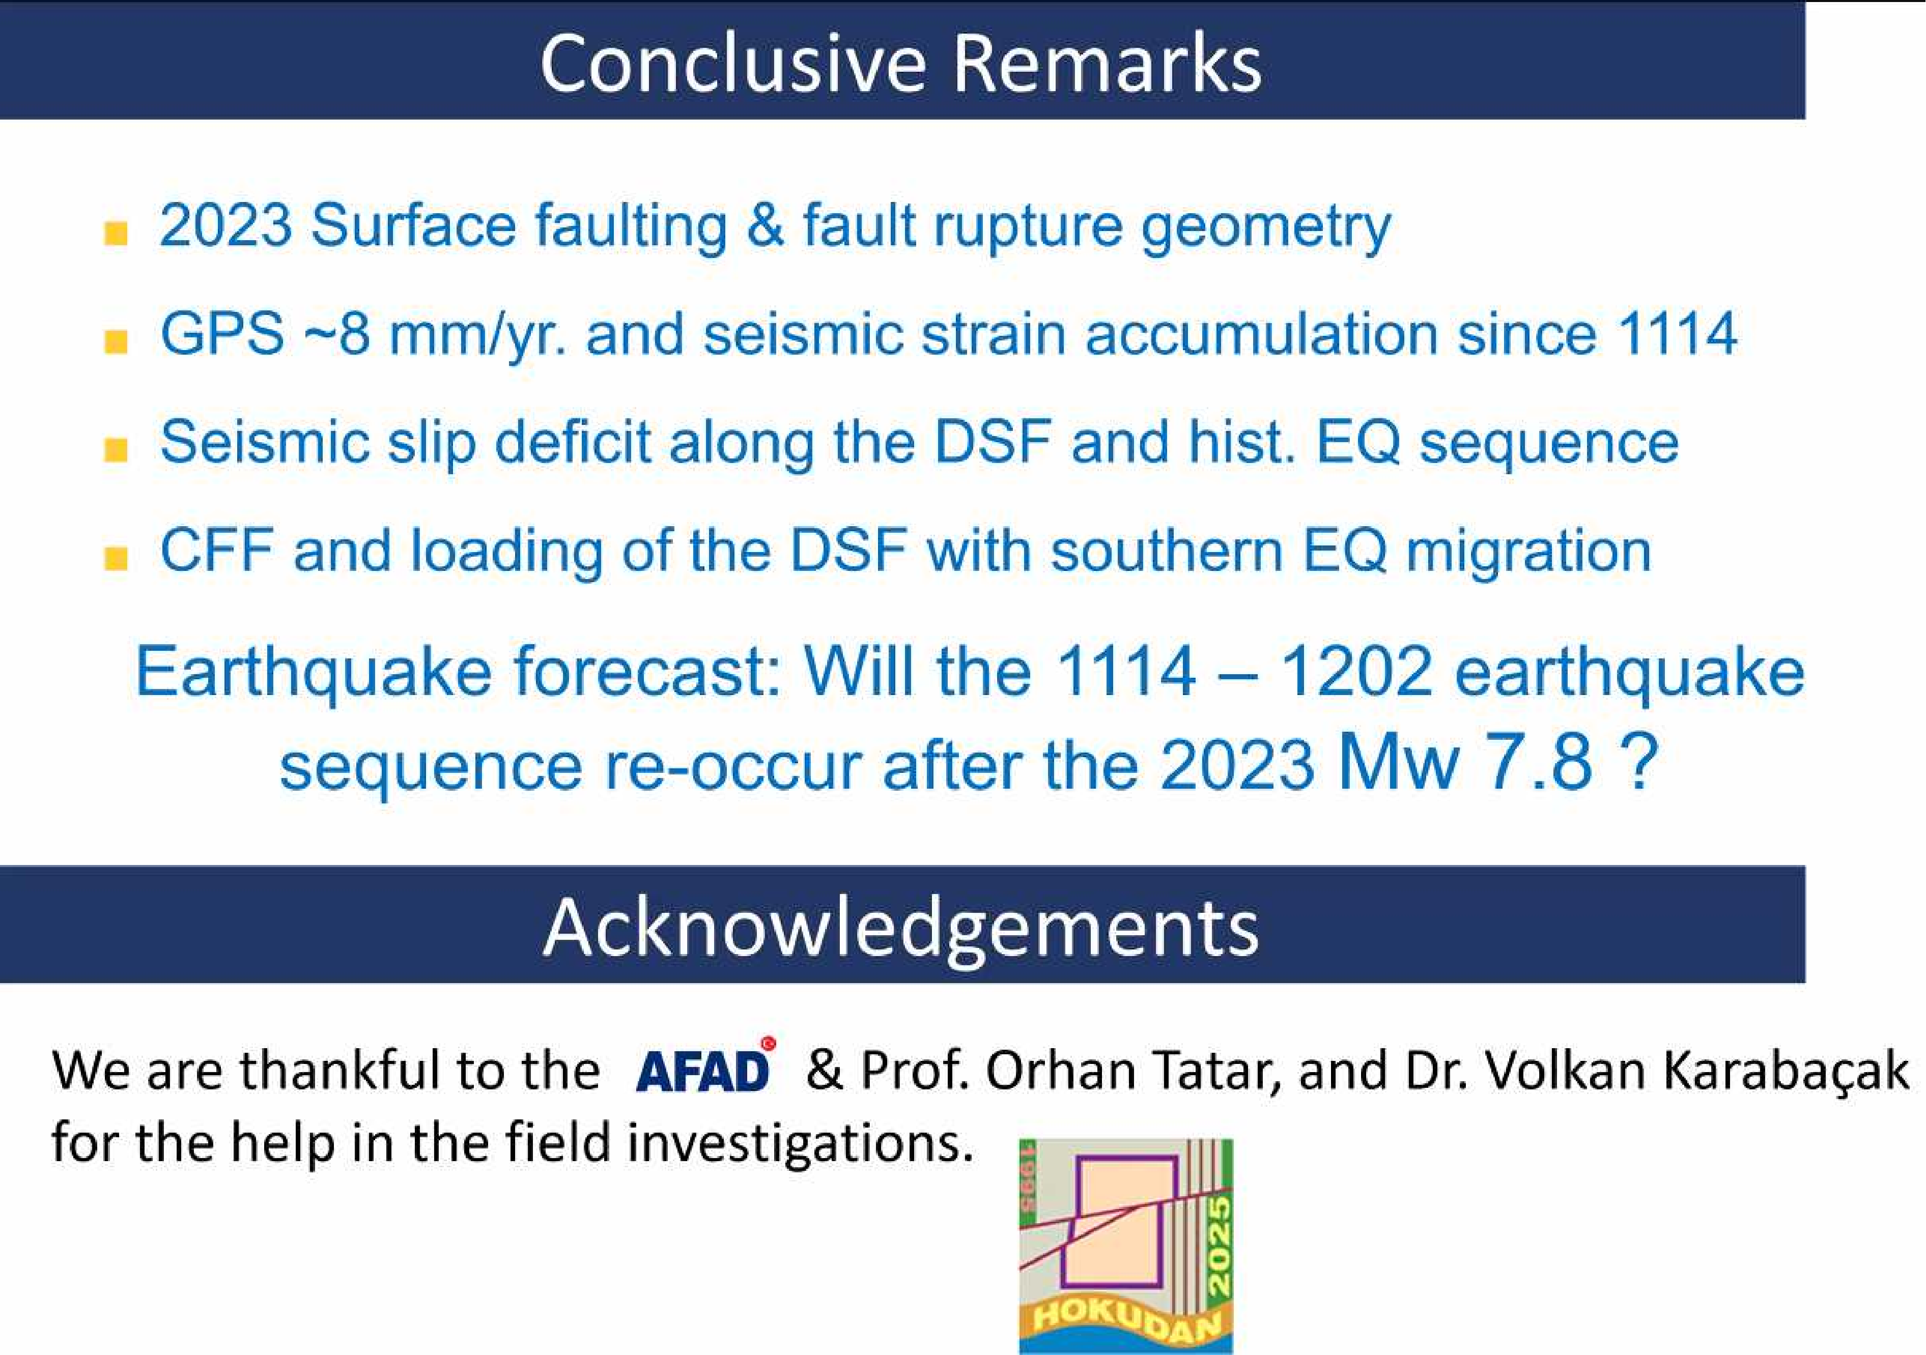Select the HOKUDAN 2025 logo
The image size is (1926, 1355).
(1126, 1246)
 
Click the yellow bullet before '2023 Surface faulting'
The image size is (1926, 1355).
(116, 233)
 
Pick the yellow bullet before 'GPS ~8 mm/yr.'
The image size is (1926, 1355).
(116, 342)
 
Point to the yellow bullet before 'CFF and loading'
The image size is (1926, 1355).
(116, 558)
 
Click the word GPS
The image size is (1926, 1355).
(222, 334)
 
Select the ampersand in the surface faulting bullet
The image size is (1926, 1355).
(764, 225)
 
